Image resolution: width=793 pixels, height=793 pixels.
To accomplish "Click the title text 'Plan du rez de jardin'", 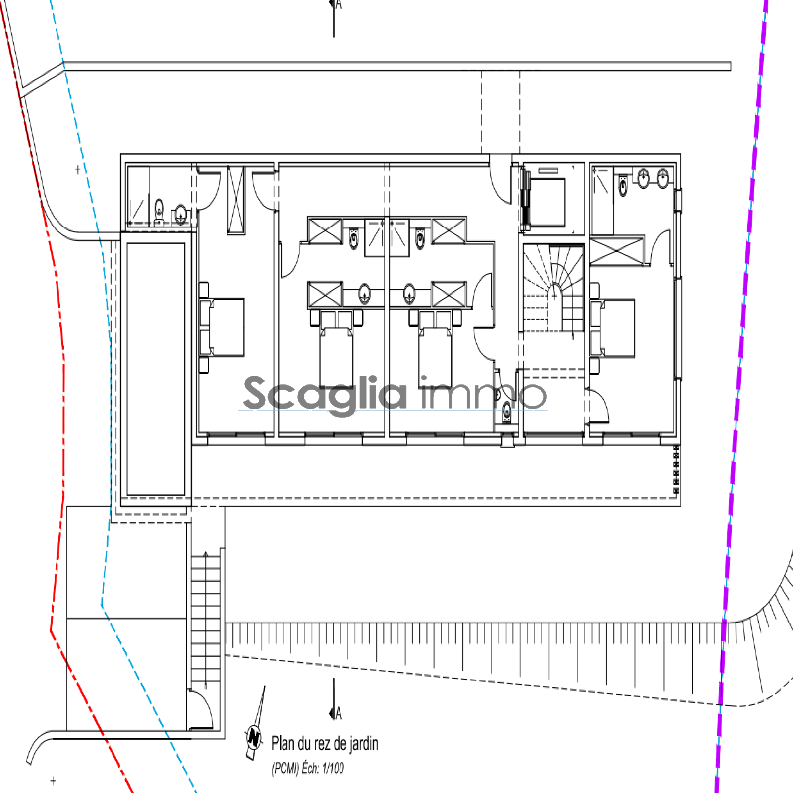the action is [325, 743].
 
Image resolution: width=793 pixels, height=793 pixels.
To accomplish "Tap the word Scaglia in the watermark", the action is [325, 394].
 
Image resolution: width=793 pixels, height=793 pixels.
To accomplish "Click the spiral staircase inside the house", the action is [554, 287].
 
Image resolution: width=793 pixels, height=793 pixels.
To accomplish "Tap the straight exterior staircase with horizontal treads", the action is [206, 620].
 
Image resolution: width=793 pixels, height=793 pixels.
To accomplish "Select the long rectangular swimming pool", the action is [156, 369].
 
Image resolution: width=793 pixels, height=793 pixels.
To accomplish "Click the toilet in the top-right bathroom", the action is [623, 185].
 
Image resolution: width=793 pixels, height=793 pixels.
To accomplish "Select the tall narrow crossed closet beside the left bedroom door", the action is [236, 200].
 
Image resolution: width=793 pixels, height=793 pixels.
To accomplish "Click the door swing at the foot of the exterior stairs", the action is [201, 709].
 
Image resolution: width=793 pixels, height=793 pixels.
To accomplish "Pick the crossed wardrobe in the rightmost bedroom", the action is [617, 251].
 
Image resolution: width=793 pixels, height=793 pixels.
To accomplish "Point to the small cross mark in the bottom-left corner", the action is [53, 781].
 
